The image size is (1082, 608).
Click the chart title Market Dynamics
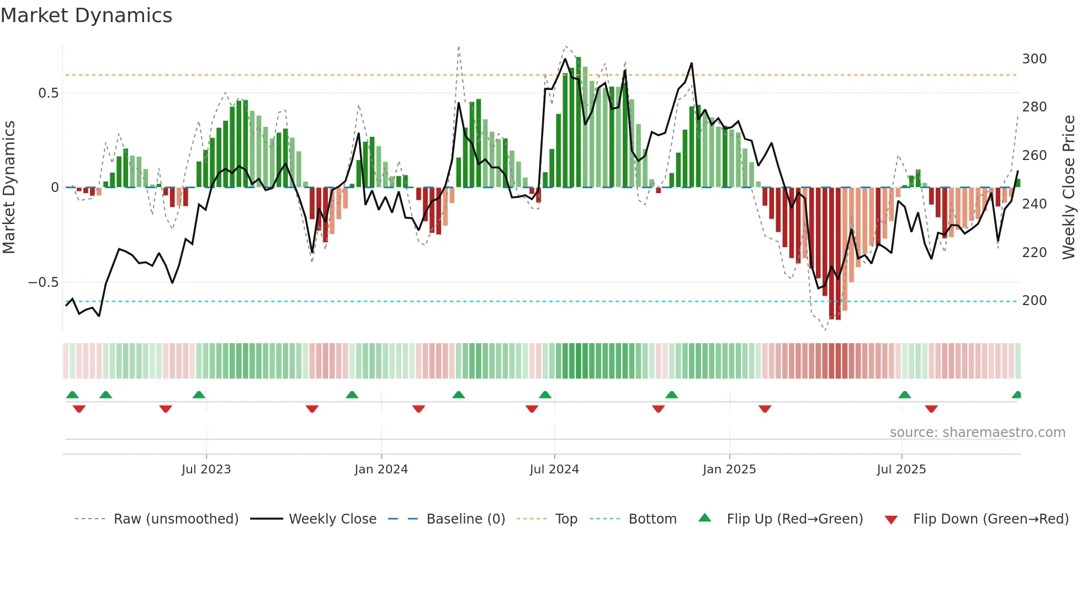pyautogui.click(x=86, y=15)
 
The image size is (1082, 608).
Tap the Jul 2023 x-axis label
pyautogui.click(x=206, y=470)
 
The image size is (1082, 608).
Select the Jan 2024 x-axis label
pyautogui.click(x=381, y=470)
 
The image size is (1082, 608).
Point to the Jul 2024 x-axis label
pyautogui.click(x=554, y=470)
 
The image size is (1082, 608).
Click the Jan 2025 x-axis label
pyautogui.click(x=729, y=470)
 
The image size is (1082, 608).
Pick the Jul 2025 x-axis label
pyautogui.click(x=901, y=470)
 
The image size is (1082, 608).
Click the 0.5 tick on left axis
pyautogui.click(x=49, y=93)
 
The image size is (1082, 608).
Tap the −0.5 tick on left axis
pyautogui.click(x=44, y=282)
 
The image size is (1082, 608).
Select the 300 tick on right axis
pyautogui.click(x=1034, y=59)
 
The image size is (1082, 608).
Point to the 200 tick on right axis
pyautogui.click(x=1034, y=301)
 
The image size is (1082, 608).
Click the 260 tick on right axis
pyautogui.click(x=1034, y=156)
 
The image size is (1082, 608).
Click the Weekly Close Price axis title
pyautogui.click(x=1069, y=188)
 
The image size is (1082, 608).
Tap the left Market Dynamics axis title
pyautogui.click(x=9, y=188)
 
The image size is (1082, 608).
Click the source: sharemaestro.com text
pyautogui.click(x=977, y=433)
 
